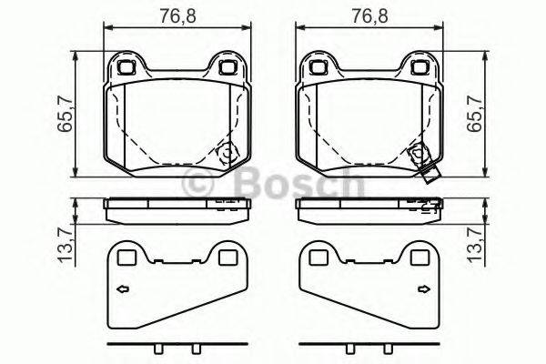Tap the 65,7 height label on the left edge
click(65, 116)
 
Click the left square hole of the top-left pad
click(126, 66)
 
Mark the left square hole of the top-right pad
click(318, 66)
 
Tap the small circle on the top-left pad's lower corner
click(225, 153)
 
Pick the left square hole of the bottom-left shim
click(126, 258)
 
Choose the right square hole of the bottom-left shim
click(224, 258)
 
